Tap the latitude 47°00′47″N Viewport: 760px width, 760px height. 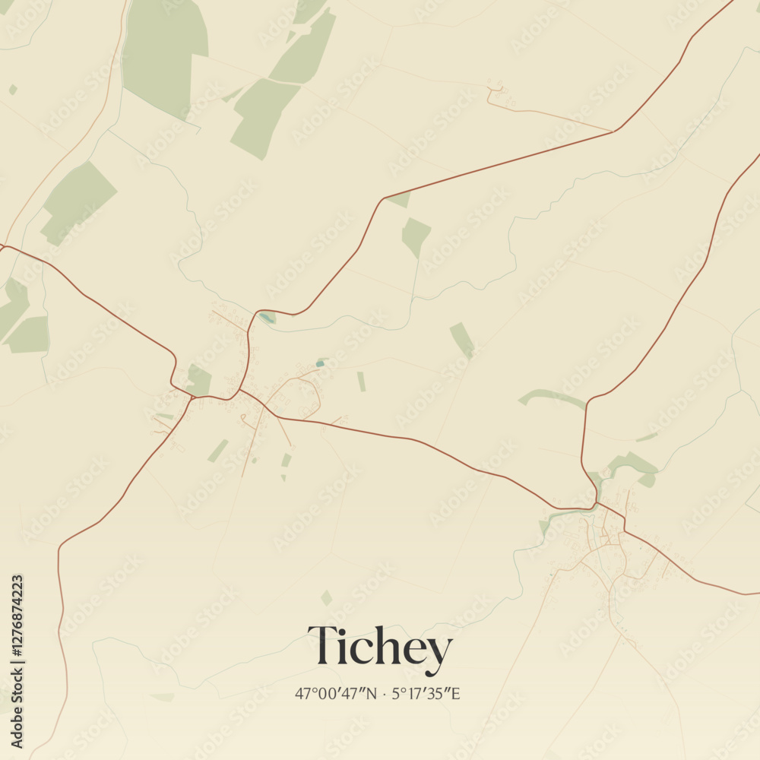tap(336, 694)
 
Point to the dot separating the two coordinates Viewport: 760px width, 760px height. tap(385, 694)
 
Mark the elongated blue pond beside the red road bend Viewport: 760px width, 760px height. tap(265, 318)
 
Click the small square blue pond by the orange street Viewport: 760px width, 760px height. tap(320, 363)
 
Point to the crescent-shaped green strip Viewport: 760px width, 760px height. tap(551, 397)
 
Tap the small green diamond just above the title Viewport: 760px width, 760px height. tap(326, 598)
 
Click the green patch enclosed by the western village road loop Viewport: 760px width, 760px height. tap(199, 380)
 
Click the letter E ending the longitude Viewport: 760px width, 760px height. tap(456, 694)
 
